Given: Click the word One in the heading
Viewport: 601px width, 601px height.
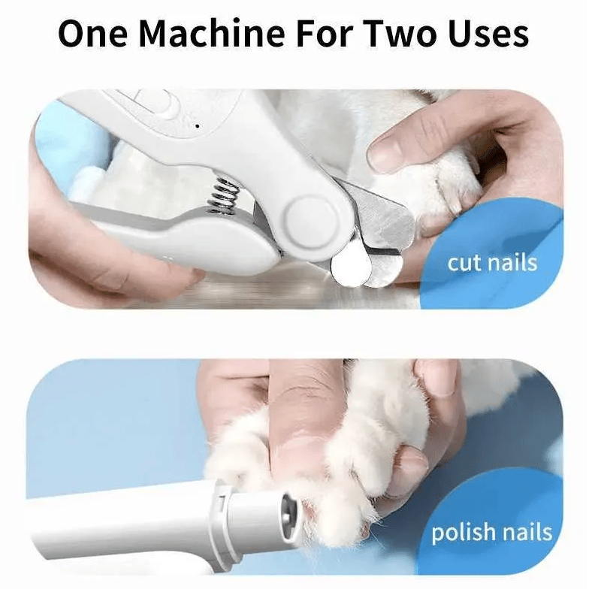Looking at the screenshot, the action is pyautogui.click(x=92, y=33).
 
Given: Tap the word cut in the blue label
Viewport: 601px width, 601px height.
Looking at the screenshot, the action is pyautogui.click(x=464, y=263).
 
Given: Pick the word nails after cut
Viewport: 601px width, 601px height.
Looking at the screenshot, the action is pyautogui.click(x=512, y=262).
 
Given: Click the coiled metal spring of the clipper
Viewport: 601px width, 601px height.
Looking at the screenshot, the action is pyautogui.click(x=223, y=197).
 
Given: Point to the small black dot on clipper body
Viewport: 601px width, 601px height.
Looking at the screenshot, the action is pyautogui.click(x=198, y=125).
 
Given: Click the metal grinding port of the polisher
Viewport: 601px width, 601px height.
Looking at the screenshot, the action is pyautogui.click(x=292, y=512).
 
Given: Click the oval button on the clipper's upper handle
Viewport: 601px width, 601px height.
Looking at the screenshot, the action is pyautogui.click(x=157, y=103).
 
